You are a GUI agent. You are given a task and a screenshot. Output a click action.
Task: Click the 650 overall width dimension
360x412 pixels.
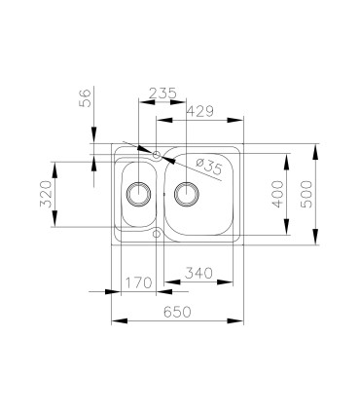tap(177, 312)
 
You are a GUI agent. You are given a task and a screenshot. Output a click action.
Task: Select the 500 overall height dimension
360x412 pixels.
tap(306, 194)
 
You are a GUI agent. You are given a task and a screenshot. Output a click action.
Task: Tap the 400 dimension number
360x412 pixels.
tap(277, 194)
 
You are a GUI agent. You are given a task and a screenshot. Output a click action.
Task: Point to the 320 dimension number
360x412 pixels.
tap(46, 194)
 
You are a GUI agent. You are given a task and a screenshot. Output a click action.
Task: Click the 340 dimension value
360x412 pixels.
tap(198, 273)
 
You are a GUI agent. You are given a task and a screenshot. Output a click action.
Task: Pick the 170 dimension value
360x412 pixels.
tap(138, 282)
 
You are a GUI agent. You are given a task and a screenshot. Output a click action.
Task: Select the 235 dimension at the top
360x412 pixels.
tap(162, 94)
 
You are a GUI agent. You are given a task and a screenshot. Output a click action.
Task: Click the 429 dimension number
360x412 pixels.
tap(200, 111)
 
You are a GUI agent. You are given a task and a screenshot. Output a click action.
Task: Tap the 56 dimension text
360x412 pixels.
tap(85, 97)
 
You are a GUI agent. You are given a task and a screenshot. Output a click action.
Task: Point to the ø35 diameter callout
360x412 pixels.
tap(209, 167)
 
